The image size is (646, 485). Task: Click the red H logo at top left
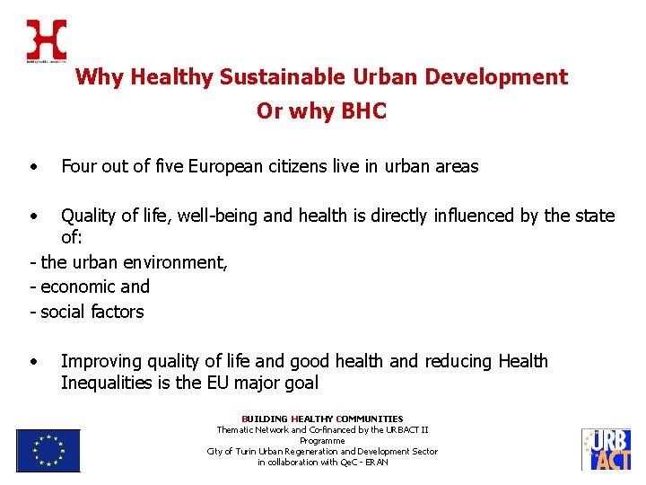(46, 40)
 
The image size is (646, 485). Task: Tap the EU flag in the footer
(48, 450)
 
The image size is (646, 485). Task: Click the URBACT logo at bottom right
(607, 450)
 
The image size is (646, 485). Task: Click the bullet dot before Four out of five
(32, 167)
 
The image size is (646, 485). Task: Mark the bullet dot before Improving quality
(32, 362)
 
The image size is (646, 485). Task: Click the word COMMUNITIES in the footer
(370, 419)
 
